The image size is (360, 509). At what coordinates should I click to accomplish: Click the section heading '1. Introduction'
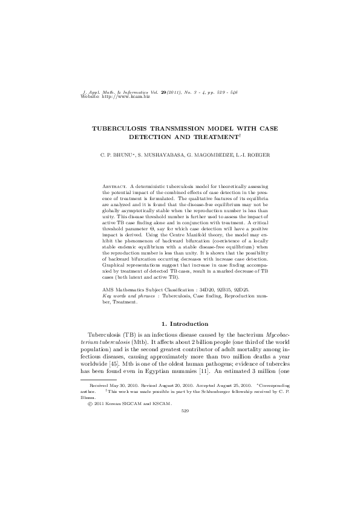pos(180,324)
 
